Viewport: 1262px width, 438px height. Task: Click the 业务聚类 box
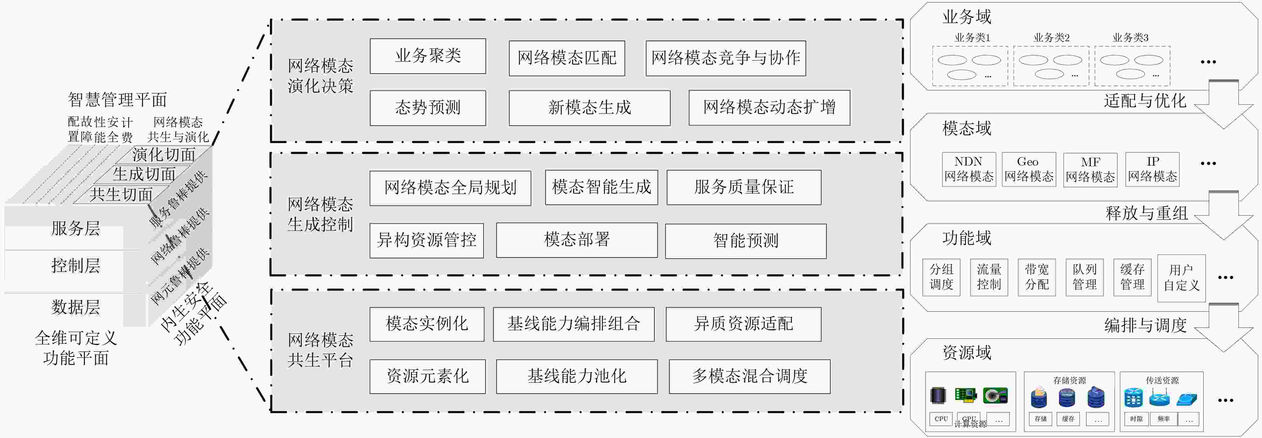428,56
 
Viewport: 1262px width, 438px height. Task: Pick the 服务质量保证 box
744,187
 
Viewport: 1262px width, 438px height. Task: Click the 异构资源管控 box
426,240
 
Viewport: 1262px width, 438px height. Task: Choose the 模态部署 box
577,240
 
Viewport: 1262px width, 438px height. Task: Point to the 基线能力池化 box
577,376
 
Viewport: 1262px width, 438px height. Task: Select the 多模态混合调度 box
749,376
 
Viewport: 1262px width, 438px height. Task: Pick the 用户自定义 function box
1181,278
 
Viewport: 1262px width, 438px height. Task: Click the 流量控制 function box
989,277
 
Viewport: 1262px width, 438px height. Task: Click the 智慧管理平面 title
117,100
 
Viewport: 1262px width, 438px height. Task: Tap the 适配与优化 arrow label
1145,101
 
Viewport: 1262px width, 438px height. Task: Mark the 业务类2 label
1051,38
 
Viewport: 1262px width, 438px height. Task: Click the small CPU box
941,419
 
